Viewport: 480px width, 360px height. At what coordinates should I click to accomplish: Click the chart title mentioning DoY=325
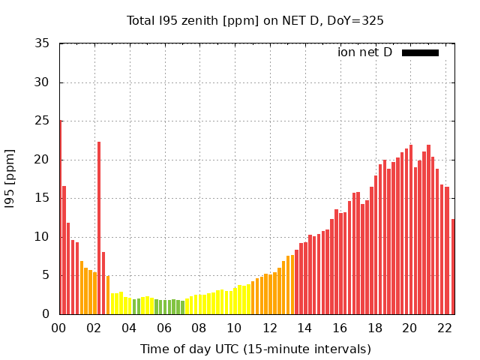(x=255, y=20)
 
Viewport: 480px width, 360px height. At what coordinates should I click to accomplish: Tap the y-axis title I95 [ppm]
(x=10, y=178)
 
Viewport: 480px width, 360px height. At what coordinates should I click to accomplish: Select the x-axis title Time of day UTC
(x=255, y=349)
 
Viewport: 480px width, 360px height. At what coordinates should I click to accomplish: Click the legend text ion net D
(x=364, y=52)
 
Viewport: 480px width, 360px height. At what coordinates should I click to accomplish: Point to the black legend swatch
(x=420, y=52)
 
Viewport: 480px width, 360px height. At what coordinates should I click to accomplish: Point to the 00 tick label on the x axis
(x=58, y=328)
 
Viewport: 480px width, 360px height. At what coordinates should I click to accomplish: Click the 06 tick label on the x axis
(x=163, y=328)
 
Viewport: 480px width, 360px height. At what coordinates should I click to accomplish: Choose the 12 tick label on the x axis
(x=269, y=328)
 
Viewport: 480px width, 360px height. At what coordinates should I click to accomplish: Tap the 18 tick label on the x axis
(x=374, y=328)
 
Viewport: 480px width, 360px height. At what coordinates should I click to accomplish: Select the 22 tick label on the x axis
(x=445, y=328)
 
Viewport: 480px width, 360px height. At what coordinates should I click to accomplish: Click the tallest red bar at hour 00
(x=60, y=217)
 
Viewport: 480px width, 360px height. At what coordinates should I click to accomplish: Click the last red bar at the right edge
(x=453, y=266)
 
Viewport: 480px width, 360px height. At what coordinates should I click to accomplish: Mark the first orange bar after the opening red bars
(x=82, y=287)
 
